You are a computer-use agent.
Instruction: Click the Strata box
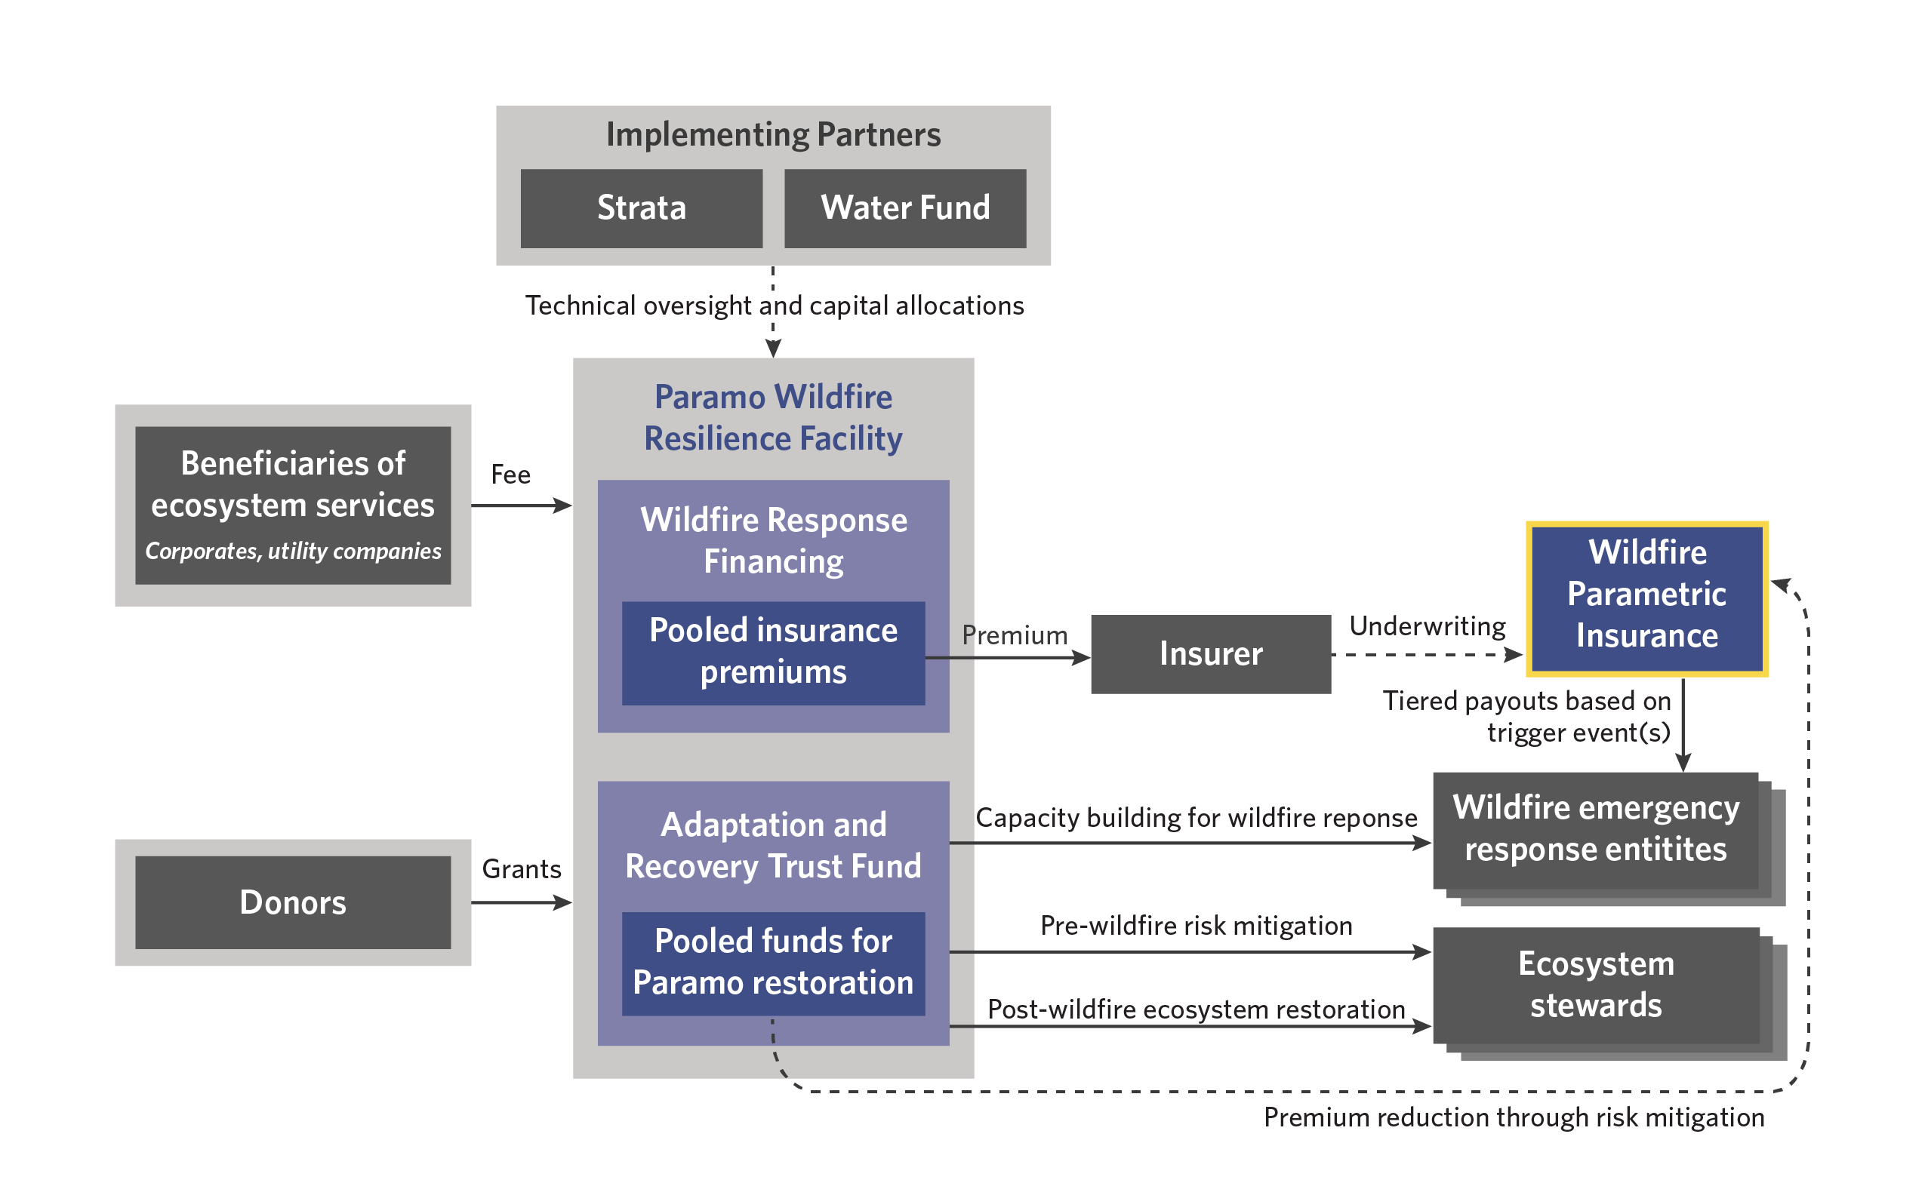click(x=641, y=208)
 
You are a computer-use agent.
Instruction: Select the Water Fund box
click(x=904, y=208)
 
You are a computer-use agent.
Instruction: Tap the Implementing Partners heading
click(x=773, y=135)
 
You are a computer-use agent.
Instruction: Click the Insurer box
click(x=1210, y=653)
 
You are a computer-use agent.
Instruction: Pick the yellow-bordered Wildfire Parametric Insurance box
click(x=1646, y=598)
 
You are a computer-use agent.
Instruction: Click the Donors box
click(x=293, y=902)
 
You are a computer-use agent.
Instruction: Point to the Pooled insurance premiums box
click(x=773, y=652)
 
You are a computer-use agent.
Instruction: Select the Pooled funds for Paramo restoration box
click(x=773, y=962)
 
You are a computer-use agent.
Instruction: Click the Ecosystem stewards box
click(x=1595, y=985)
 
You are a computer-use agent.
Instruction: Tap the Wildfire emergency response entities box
click(x=1595, y=829)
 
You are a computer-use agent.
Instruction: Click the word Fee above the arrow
click(x=510, y=475)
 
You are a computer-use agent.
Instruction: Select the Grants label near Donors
click(x=521, y=869)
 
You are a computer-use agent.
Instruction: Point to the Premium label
click(x=1014, y=636)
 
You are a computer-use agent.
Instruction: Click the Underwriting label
click(x=1427, y=626)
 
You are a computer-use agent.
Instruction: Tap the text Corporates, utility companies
click(x=293, y=552)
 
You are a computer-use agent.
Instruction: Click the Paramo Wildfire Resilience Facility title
click(x=773, y=418)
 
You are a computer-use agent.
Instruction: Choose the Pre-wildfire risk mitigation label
click(x=1195, y=926)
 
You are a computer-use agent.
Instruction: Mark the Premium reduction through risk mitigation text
click(x=1514, y=1117)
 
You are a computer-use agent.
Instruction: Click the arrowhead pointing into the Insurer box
click(x=1082, y=659)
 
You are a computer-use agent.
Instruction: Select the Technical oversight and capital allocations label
click(x=774, y=306)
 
